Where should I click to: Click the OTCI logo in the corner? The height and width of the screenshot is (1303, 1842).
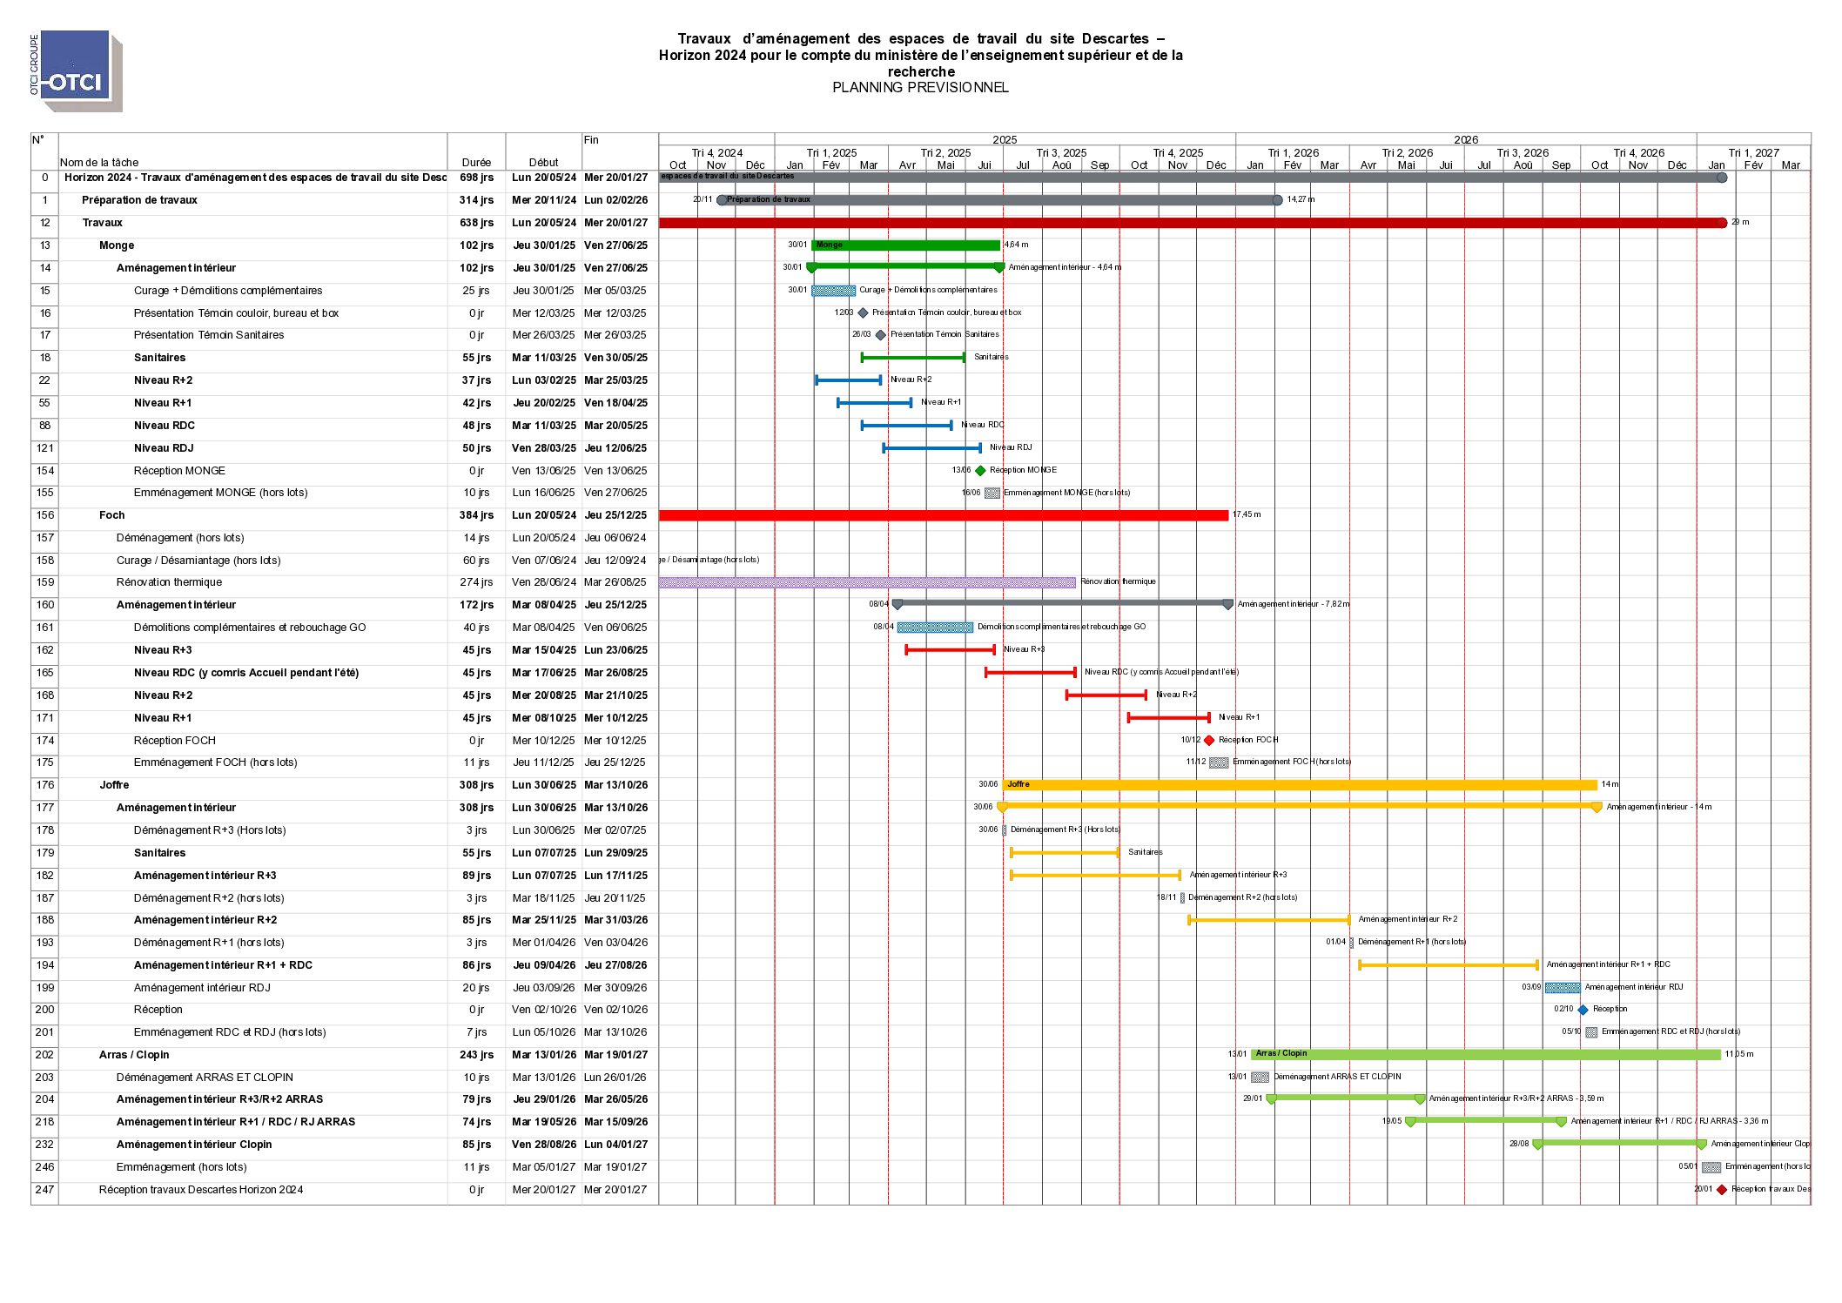77,71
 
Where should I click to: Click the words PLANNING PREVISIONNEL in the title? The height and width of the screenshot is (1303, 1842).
920,88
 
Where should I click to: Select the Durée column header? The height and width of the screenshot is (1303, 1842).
476,163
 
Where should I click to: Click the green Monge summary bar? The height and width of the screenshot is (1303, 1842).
905,245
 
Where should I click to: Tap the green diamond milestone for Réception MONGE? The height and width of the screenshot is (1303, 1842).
980,471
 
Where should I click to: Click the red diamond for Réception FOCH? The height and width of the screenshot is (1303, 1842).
1209,741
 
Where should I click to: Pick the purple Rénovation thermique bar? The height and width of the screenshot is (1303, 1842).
867,582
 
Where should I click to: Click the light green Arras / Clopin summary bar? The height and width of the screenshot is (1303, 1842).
1485,1055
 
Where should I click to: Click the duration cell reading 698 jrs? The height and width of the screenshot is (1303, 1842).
476,178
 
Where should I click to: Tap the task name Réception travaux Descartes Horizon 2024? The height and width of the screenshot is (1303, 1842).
201,1190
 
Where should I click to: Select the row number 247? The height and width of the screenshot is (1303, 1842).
44,1190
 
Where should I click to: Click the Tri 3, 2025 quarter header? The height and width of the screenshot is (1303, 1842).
1061,153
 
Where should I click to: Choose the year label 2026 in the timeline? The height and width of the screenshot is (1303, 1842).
1466,140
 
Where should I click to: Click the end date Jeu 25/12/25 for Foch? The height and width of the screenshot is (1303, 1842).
615,515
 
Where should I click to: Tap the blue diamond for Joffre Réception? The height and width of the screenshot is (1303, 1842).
1583,1010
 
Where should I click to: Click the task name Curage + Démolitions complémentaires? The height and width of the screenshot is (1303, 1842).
228,291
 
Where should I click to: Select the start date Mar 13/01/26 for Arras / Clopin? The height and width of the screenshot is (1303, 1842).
544,1055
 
